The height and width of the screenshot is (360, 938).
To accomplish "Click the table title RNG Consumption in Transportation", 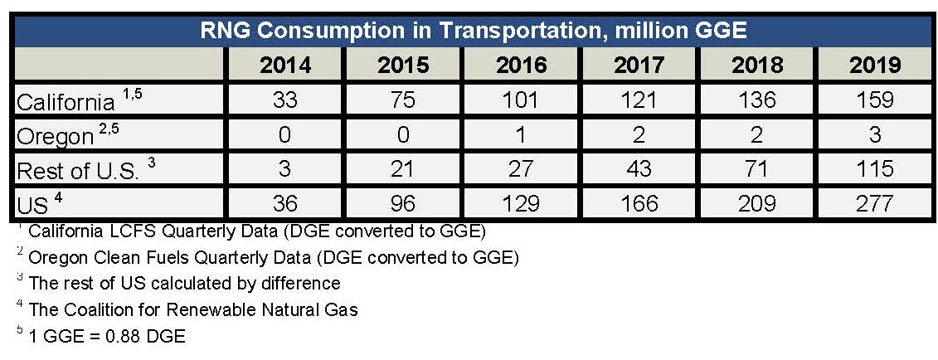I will (x=474, y=31).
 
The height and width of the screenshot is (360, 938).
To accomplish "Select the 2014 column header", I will (x=285, y=66).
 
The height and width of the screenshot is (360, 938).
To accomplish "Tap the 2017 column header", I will (x=639, y=66).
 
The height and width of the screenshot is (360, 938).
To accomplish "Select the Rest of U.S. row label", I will (x=80, y=169).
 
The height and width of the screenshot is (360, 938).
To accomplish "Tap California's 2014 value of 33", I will (x=285, y=100).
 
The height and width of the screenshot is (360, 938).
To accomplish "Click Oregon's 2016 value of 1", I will (x=522, y=134).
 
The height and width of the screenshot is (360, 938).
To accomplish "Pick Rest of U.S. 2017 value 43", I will (x=639, y=168).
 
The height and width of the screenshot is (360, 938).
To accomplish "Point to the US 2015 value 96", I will (x=403, y=202).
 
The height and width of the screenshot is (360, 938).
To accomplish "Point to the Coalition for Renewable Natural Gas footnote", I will (x=192, y=310).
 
